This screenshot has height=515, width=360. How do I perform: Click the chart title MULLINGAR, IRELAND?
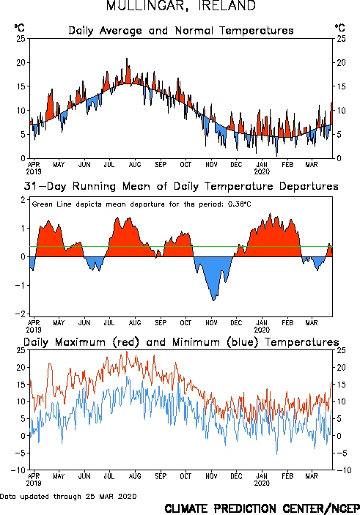[181, 6]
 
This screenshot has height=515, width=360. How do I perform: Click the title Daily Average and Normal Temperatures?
[181, 31]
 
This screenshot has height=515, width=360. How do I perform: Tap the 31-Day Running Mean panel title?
[181, 186]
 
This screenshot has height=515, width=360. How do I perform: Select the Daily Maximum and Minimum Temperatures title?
[181, 342]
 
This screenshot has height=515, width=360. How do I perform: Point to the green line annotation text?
[142, 204]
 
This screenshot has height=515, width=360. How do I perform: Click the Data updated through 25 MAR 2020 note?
[68, 496]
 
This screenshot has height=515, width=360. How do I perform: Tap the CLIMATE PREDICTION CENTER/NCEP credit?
[262, 508]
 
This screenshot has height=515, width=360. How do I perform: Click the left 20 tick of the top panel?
[21, 62]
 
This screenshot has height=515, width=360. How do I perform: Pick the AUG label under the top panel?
[135, 164]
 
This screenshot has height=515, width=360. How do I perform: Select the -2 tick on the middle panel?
[21, 314]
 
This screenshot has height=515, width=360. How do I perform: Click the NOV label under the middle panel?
[211, 323]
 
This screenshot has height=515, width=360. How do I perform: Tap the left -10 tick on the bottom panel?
[18, 470]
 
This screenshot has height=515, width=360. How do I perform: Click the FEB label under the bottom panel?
[287, 476]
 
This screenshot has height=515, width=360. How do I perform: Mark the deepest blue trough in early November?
[213, 300]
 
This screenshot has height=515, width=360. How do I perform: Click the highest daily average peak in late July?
[127, 59]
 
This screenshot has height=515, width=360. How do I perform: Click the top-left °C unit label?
[20, 28]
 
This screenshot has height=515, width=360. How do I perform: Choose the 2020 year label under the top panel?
[262, 171]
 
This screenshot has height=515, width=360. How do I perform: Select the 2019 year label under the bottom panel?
[34, 483]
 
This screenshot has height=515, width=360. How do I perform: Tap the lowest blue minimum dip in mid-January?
[276, 454]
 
